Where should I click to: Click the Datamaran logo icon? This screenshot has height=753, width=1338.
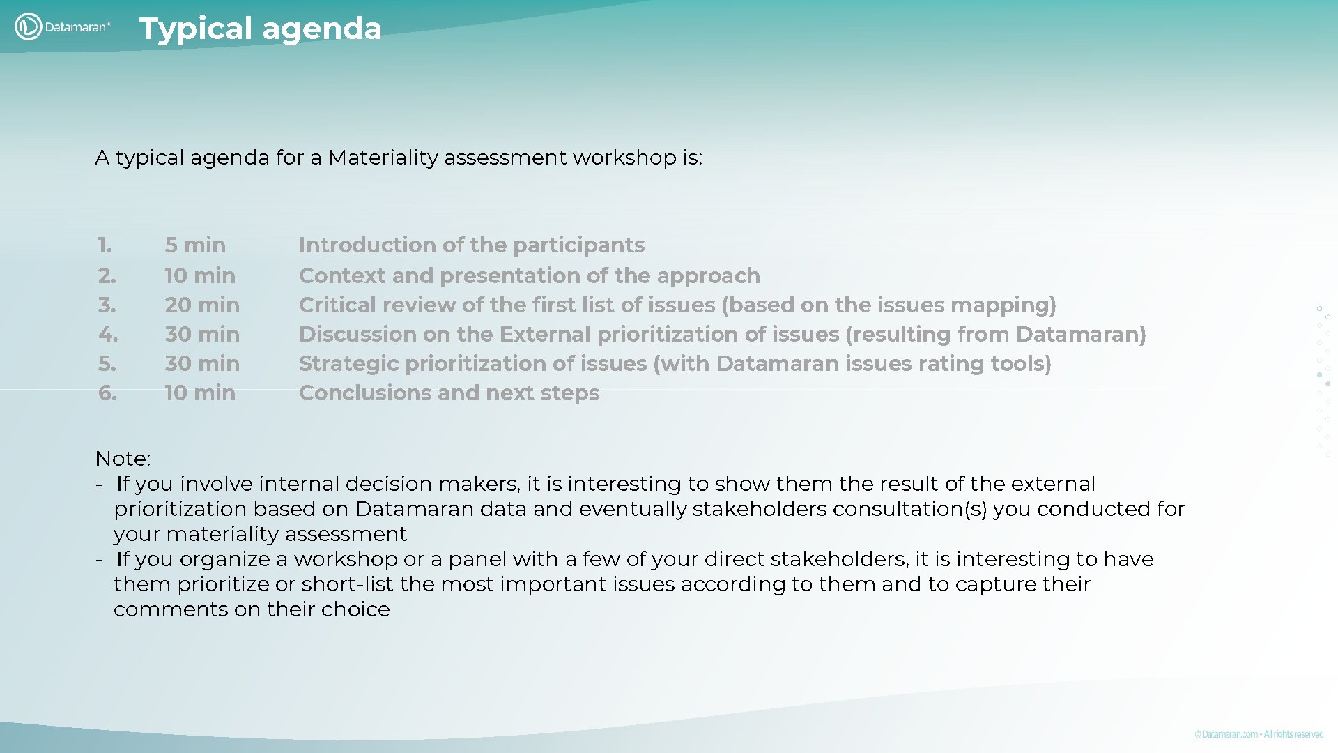tap(28, 27)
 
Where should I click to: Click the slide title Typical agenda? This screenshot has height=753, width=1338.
tap(260, 29)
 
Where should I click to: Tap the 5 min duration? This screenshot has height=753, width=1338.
tap(195, 245)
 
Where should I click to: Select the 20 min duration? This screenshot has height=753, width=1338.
tap(202, 305)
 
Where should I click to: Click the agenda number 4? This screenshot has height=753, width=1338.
tap(108, 335)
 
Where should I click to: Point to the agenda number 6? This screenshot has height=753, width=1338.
tap(107, 393)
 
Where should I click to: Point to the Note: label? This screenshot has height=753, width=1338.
tap(123, 459)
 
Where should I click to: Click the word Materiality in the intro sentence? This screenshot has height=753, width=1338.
tap(383, 158)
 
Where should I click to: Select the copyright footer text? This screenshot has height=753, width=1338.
tap(1259, 734)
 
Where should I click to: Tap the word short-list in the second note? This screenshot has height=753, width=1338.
tap(347, 584)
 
